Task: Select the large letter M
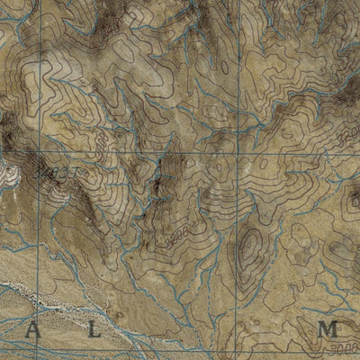pos(328,330)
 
